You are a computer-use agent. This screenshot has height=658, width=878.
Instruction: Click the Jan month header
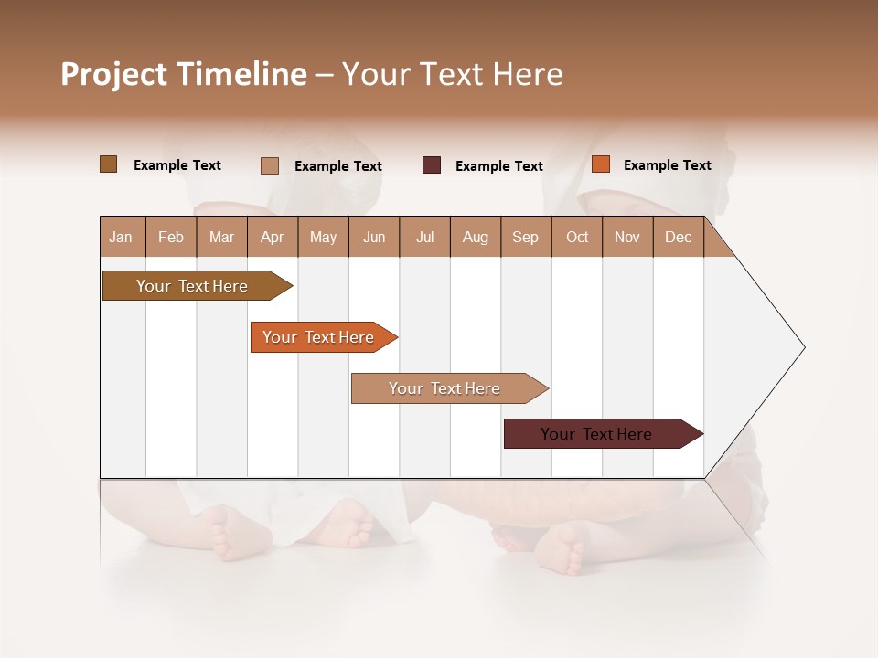(x=122, y=237)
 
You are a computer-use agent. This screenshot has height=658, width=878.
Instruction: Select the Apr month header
(x=273, y=237)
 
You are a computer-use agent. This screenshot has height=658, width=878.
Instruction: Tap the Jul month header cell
(x=424, y=237)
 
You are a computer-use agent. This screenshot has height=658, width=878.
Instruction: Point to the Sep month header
(x=526, y=237)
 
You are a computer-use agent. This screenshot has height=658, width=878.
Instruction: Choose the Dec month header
(x=678, y=237)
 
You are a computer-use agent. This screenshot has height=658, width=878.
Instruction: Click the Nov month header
(x=627, y=237)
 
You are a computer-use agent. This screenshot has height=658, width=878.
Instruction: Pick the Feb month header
(x=171, y=237)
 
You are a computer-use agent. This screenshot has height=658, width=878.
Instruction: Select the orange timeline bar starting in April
(x=320, y=337)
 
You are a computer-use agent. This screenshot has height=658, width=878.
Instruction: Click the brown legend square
(x=108, y=164)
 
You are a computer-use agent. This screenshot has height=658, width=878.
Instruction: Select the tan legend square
(x=270, y=165)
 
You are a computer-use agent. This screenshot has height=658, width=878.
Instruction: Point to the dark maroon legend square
(x=432, y=165)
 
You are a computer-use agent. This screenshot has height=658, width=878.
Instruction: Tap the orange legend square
(x=600, y=164)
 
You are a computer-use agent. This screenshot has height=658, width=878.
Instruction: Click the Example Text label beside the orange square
(x=667, y=165)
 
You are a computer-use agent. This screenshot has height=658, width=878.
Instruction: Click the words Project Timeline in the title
(x=183, y=74)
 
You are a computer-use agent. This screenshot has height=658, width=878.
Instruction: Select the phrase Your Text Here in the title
(x=453, y=74)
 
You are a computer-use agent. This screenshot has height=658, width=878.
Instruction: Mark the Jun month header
(x=374, y=237)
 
